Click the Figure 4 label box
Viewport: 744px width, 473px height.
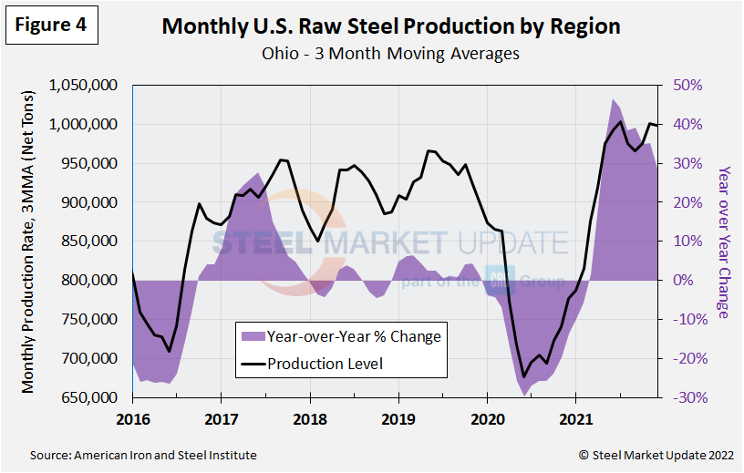tap(51, 26)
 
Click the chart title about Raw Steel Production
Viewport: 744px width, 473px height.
tap(390, 26)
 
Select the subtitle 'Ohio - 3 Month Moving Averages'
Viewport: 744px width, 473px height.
tap(390, 54)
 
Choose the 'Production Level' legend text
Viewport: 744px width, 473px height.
tap(325, 364)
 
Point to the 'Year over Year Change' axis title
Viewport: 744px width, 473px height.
tap(723, 242)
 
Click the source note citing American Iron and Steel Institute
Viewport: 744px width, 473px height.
tap(144, 455)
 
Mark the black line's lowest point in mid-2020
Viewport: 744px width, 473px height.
tap(523, 376)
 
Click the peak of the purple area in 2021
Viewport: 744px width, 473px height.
tap(614, 99)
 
